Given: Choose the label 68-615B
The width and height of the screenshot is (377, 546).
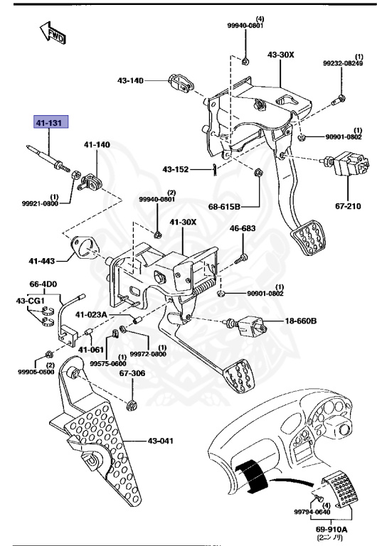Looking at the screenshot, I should (225, 206).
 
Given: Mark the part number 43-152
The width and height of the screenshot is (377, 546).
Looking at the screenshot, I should (175, 169).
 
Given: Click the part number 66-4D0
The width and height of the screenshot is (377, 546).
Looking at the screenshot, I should (43, 283).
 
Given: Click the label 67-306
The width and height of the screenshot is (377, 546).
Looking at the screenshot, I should (132, 372).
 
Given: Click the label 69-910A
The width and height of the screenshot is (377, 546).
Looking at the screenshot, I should (333, 530).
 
